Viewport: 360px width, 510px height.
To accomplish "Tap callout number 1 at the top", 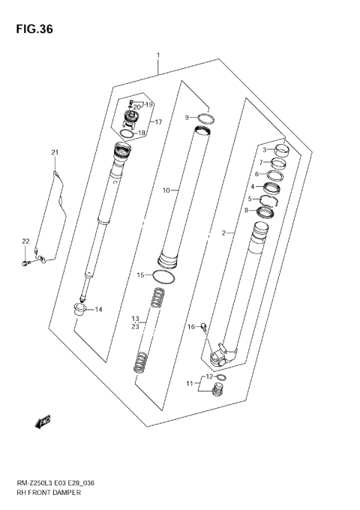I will [158, 55].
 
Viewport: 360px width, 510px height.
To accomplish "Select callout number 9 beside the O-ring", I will [187, 117].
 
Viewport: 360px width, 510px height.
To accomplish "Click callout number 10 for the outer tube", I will [166, 190].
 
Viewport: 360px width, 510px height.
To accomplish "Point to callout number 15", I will [139, 275].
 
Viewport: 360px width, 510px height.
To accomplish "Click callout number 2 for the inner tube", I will [223, 234].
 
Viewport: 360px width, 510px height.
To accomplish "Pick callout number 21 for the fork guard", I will [54, 154].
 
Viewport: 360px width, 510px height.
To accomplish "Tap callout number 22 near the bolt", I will [25, 241].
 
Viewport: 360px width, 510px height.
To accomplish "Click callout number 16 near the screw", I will [191, 326].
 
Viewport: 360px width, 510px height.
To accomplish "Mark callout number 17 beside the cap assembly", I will [157, 121].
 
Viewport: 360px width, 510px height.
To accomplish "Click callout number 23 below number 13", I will [135, 326].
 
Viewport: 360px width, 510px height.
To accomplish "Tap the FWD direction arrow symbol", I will [43, 422].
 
